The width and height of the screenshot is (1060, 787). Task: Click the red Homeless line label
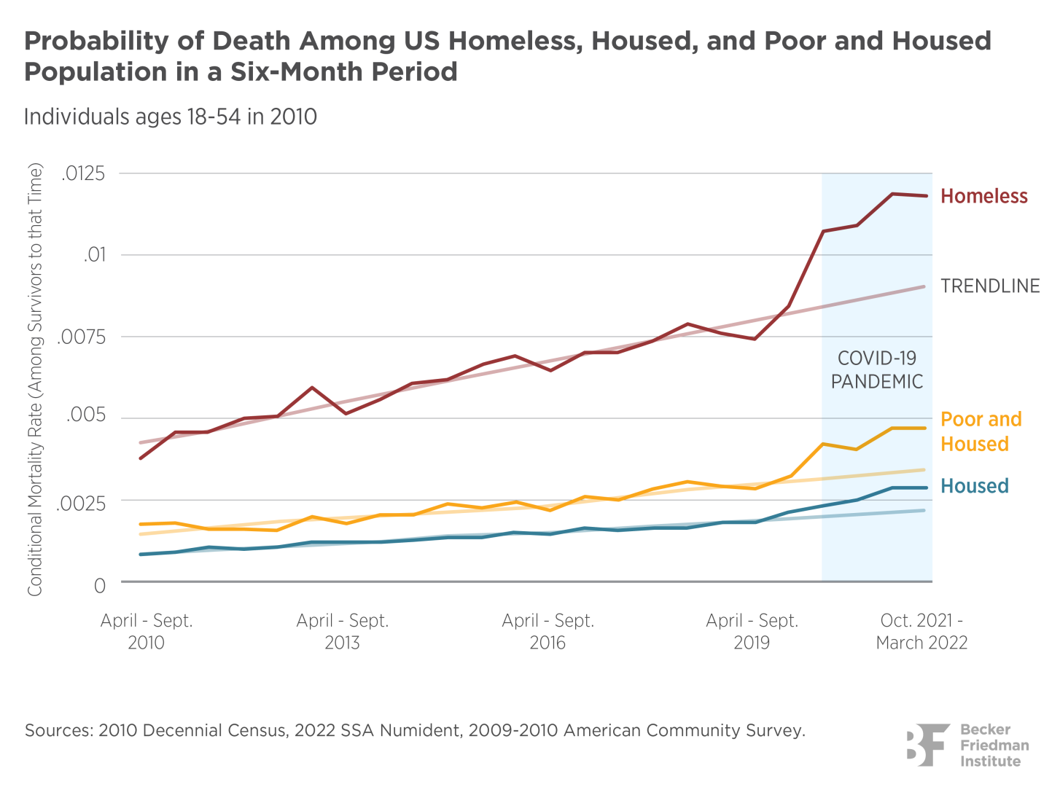coord(983,196)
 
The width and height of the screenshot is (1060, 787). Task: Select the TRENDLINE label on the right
coord(990,286)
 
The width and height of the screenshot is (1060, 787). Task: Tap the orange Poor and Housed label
coord(981,431)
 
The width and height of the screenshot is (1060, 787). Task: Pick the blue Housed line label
coord(974,486)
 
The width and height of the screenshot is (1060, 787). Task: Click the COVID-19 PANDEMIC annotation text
coord(877,369)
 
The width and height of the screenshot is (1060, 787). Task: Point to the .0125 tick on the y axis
coord(84,174)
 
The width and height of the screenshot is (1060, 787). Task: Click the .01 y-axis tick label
coord(94,255)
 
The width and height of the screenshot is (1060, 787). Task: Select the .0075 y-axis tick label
coord(84,337)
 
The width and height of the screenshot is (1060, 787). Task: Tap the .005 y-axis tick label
coord(86,416)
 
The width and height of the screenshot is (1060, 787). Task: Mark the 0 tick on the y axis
coord(100,585)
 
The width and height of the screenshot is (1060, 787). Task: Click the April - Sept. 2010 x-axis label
coord(146,632)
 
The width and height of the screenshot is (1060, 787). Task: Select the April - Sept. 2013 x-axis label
coord(342,632)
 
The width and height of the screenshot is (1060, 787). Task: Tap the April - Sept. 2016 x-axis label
coord(547,632)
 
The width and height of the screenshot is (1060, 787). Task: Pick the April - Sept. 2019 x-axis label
coord(752,632)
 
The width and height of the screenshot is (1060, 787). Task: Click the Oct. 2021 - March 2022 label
coord(921,632)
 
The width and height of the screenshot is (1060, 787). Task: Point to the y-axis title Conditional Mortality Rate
coord(35,379)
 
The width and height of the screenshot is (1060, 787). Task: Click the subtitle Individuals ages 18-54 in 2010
coord(170,117)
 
